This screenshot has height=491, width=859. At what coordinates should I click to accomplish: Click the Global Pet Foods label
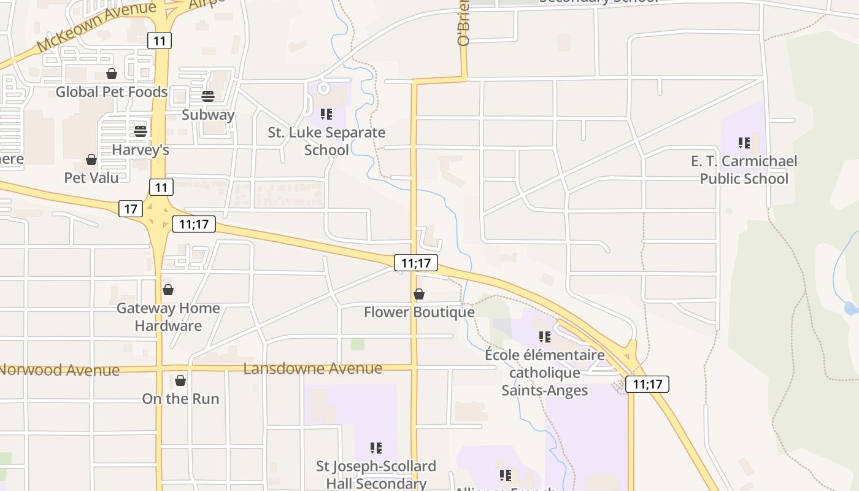click(x=111, y=92)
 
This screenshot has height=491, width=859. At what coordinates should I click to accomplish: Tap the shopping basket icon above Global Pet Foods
click(x=112, y=74)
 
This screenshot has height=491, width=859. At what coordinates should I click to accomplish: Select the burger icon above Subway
click(x=208, y=96)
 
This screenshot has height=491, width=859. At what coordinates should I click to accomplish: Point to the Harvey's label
click(x=141, y=150)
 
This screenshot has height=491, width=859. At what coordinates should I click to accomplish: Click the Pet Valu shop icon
click(x=91, y=160)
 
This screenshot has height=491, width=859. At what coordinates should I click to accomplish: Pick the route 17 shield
click(x=131, y=209)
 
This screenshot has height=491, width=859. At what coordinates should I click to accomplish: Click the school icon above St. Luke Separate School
click(x=326, y=114)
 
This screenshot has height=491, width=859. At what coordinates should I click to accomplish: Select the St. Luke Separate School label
click(x=326, y=141)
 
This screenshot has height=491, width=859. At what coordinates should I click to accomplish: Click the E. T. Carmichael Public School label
click(x=744, y=170)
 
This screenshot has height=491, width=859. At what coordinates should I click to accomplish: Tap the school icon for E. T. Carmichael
click(x=744, y=144)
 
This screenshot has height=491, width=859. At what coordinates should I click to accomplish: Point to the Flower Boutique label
click(x=419, y=312)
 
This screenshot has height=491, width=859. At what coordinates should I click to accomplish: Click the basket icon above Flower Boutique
click(x=419, y=295)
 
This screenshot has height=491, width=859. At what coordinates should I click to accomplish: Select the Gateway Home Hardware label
click(x=168, y=317)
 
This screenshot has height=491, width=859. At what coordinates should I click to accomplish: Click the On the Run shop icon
click(x=180, y=381)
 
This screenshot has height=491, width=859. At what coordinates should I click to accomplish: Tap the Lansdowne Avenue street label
click(x=313, y=369)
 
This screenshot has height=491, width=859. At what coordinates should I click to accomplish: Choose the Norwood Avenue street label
click(x=60, y=370)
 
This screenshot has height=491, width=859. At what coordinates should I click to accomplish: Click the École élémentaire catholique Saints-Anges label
click(x=545, y=373)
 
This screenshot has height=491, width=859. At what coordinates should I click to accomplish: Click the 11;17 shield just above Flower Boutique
click(x=415, y=263)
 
